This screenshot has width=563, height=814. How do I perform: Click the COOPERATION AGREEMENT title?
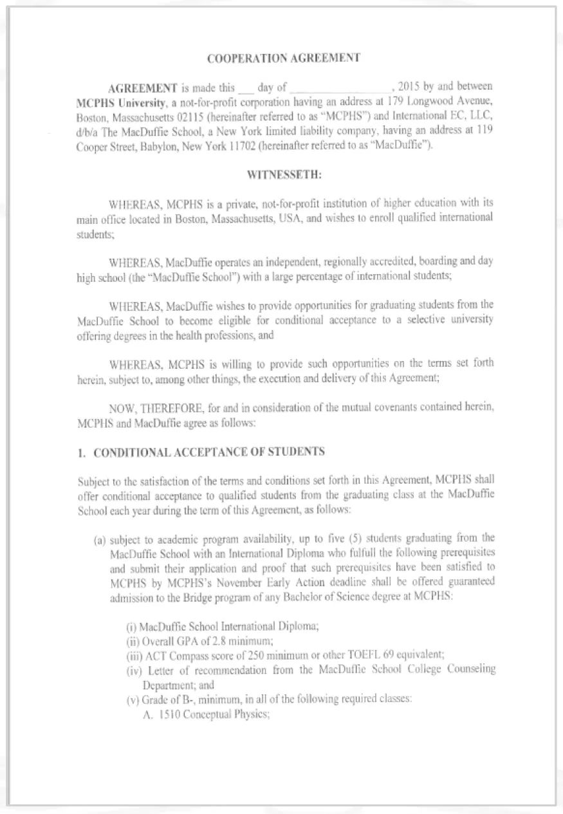(x=284, y=58)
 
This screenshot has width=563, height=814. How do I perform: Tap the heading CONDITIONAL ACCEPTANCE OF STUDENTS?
(x=209, y=452)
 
